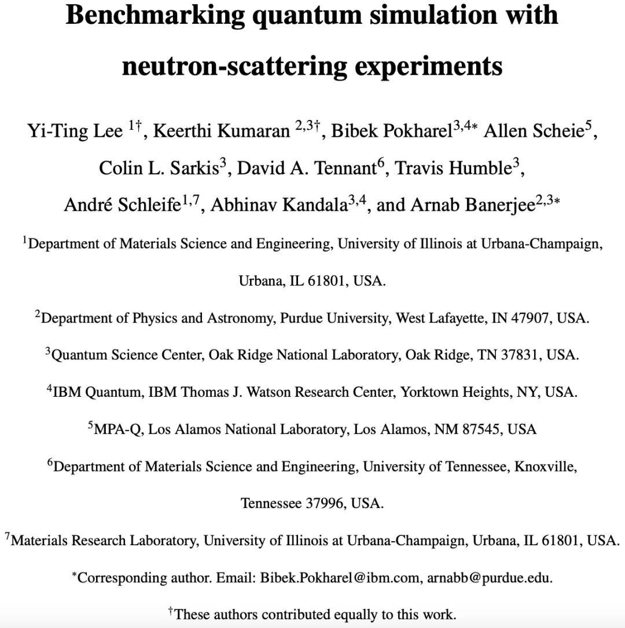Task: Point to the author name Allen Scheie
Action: pyautogui.click(x=532, y=132)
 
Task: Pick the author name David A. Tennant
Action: pyautogui.click(x=307, y=169)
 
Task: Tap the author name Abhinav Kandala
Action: pyautogui.click(x=278, y=206)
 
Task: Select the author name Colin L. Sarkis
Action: pyautogui.click(x=159, y=169)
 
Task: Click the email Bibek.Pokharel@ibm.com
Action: pyautogui.click(x=343, y=578)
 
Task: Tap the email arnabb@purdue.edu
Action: pyautogui.click(x=490, y=578)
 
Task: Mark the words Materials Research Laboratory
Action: pyautogui.click(x=105, y=541)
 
